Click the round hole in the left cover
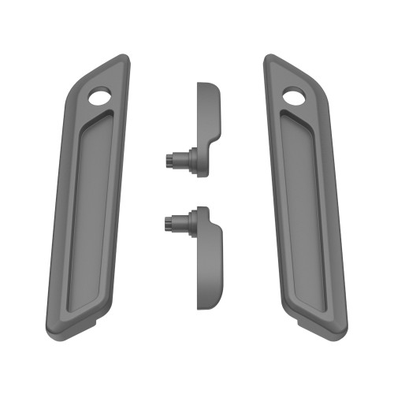click(x=101, y=98)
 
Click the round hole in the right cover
click(x=293, y=98)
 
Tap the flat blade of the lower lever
click(x=210, y=264)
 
